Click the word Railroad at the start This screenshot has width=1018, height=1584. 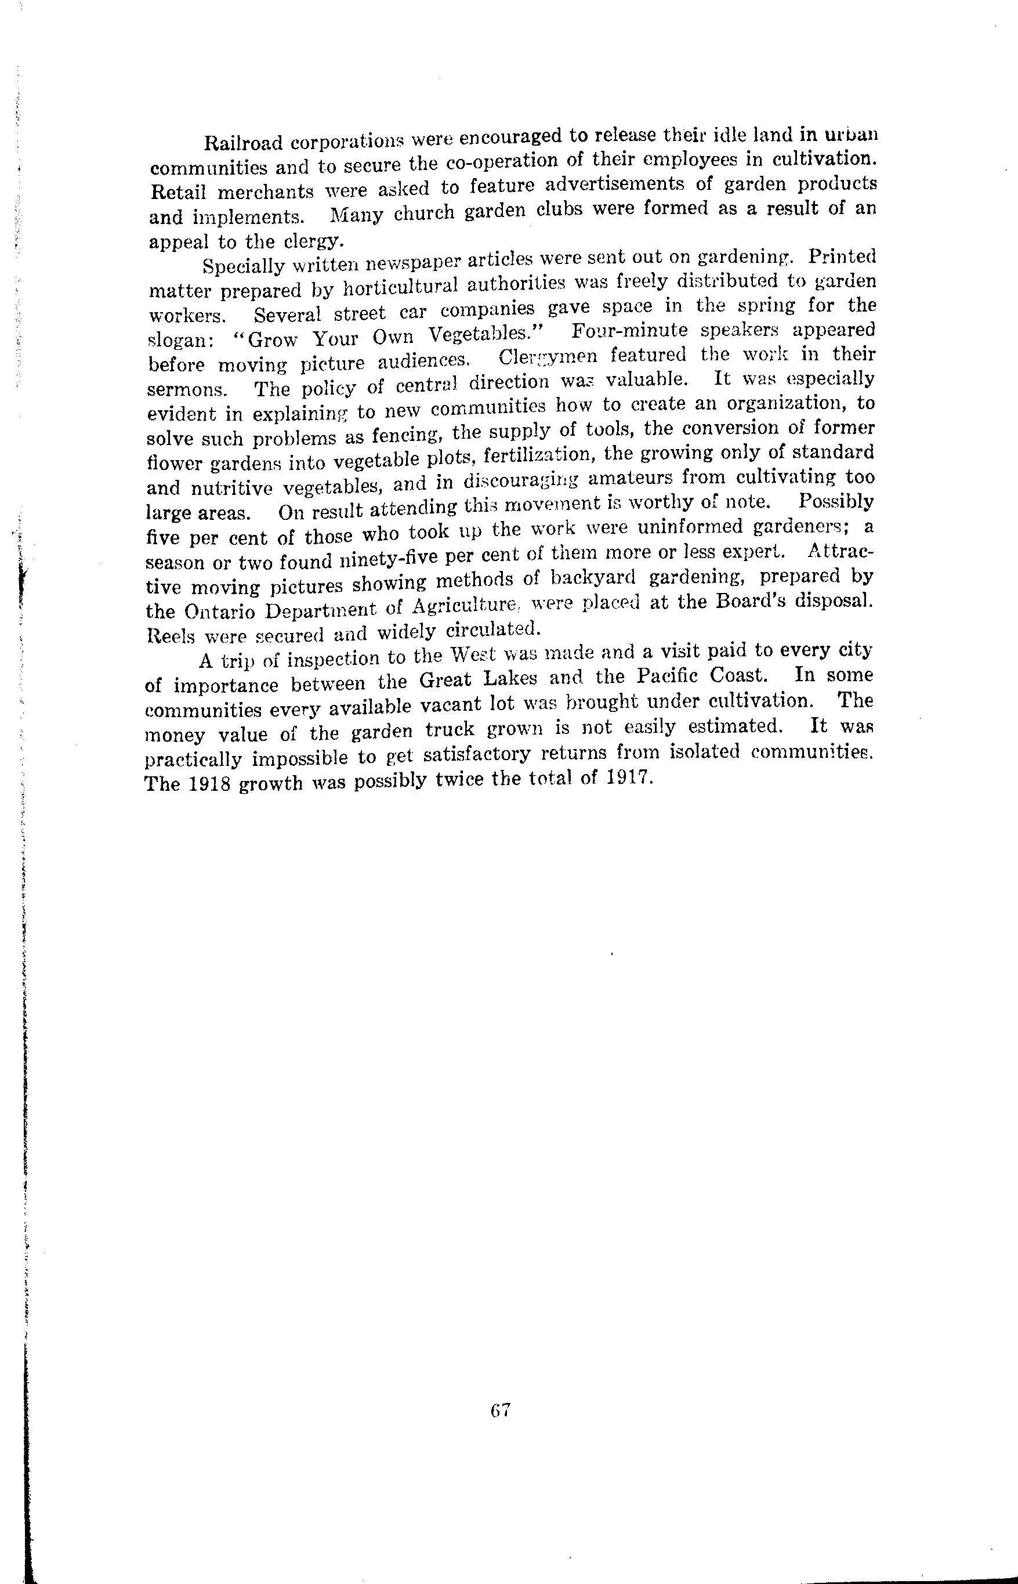point(242,143)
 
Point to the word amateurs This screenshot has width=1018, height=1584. point(631,479)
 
